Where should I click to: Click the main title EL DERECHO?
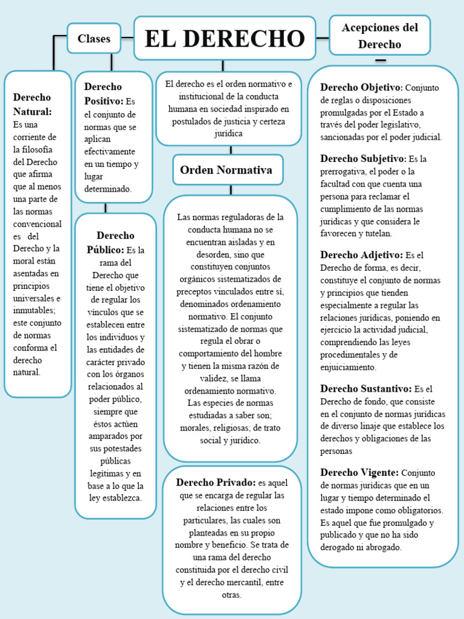click(225, 39)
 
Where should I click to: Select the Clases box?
click(94, 39)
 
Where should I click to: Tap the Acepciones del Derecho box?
click(379, 36)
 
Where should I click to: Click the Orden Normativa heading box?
click(226, 170)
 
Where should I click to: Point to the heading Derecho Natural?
click(33, 104)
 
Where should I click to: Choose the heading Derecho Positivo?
click(104, 94)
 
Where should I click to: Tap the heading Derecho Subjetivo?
click(363, 158)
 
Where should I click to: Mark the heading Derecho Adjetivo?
click(361, 254)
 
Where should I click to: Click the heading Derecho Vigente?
click(359, 472)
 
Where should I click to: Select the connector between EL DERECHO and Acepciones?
click(323, 37)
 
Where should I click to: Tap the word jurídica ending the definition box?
click(228, 134)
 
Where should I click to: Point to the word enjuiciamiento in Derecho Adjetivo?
click(348, 367)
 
